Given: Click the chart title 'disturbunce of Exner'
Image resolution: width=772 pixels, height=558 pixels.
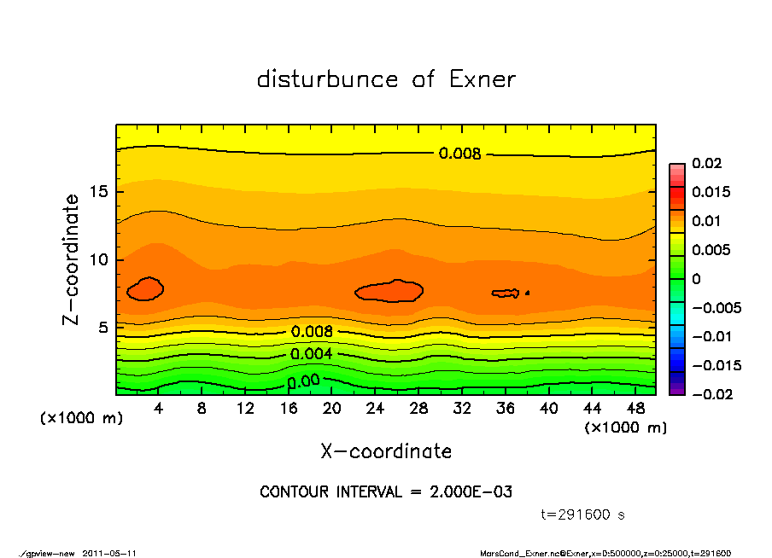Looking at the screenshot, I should coord(386,79).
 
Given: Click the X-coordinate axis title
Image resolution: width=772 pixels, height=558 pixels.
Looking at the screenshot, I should coord(386,450).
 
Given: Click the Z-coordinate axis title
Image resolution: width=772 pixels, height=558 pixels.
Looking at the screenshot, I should coord(71,259).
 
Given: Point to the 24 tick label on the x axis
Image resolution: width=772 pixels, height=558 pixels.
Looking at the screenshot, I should coord(375,409).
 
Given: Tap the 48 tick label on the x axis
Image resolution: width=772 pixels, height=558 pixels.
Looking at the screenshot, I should coord(635,409).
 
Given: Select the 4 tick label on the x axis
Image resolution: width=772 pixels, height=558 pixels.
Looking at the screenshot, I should coord(159,409).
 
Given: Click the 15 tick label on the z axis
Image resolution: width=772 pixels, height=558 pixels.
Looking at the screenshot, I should coord(99,192).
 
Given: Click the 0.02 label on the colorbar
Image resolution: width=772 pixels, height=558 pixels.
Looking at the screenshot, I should coord(708,163).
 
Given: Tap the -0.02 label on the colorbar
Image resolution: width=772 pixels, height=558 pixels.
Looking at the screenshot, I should coord(711,394).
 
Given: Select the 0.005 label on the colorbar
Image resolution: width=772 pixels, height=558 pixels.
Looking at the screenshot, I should coord(711,250).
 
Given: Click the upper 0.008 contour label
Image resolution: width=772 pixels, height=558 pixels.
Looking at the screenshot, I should coord(459,154).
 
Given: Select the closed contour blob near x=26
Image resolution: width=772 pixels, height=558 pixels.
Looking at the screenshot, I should coord(389,291).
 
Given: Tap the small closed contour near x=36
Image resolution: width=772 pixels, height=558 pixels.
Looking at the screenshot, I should coord(506,294).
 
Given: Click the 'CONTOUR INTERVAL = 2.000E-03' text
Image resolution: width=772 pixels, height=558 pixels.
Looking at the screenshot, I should coord(386,491).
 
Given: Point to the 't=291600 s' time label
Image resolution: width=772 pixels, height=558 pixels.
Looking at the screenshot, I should coord(583,514).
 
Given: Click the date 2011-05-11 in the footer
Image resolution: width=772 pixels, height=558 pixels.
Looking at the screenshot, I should coord(109,553).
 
